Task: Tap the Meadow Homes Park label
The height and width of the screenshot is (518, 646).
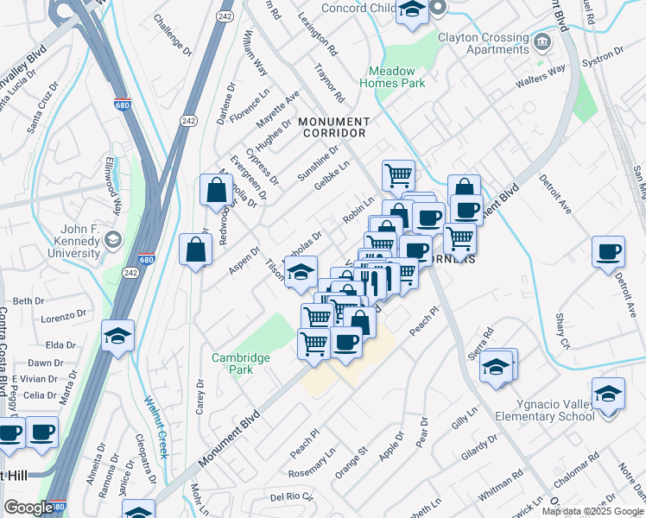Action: click(x=397, y=77)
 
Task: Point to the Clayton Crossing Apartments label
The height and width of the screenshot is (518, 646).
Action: click(x=484, y=43)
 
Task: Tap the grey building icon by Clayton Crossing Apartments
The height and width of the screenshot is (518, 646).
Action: click(x=541, y=41)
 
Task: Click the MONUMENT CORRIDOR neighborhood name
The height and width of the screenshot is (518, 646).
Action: click(x=333, y=128)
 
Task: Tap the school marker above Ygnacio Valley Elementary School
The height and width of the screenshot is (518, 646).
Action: click(x=609, y=393)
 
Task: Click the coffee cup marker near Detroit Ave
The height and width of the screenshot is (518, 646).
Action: click(x=609, y=250)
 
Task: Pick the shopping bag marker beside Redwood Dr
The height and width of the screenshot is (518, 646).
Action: click(x=215, y=191)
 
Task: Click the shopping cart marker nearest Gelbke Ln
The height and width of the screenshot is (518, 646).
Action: click(x=398, y=174)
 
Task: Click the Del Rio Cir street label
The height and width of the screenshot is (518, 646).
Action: click(x=290, y=497)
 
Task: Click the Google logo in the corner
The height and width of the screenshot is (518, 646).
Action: click(x=28, y=508)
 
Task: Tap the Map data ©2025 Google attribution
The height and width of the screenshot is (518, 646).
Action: click(x=592, y=511)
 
